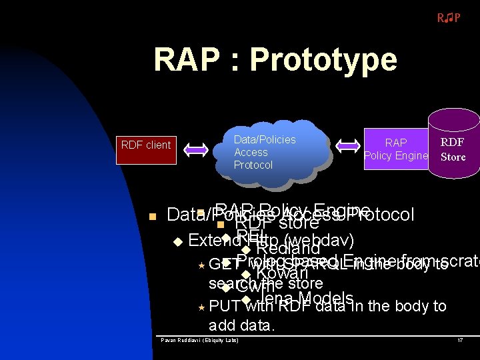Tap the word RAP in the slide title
(x=186, y=59)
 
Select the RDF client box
(x=145, y=145)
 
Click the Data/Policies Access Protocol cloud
(x=265, y=152)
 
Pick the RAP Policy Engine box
(x=396, y=149)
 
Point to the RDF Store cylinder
(x=453, y=148)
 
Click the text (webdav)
(x=318, y=239)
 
